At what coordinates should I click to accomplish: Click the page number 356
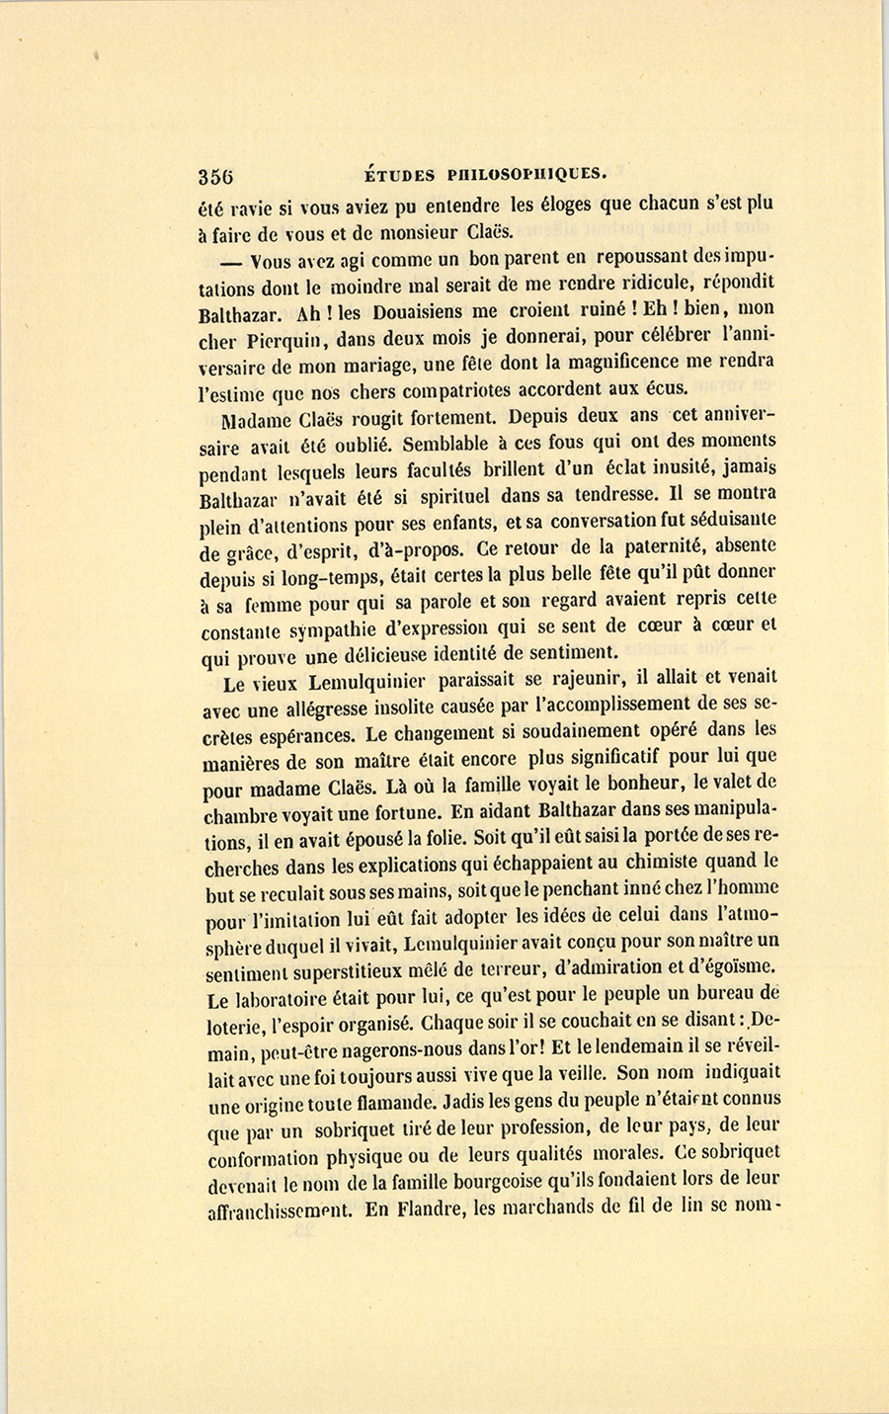(215, 177)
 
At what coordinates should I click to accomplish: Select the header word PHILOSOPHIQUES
(525, 175)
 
